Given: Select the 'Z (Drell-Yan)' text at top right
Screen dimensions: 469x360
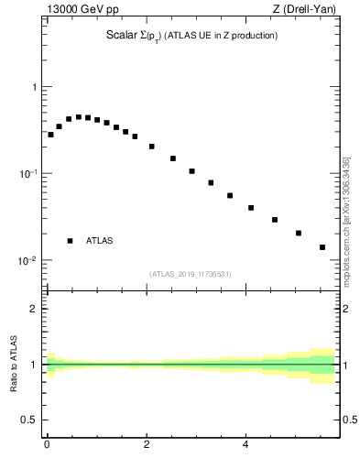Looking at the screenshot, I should (x=310, y=10).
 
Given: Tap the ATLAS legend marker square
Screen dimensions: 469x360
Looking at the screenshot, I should (x=71, y=241).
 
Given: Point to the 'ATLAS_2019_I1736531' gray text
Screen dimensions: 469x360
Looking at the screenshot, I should (x=191, y=274).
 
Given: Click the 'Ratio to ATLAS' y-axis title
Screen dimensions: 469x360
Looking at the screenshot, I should (x=15, y=365).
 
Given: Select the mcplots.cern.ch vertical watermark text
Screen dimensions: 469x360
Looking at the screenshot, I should (x=345, y=220).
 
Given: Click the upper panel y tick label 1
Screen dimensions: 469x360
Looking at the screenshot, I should (x=35, y=88).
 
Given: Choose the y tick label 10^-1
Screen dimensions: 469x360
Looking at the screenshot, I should (x=28, y=174).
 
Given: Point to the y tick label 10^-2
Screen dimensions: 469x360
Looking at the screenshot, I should (x=28, y=261).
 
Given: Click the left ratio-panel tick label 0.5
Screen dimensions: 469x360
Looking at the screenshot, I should (x=30, y=420).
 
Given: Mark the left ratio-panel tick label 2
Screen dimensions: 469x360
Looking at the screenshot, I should (x=35, y=309).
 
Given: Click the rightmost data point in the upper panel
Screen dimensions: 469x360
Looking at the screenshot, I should (x=322, y=247).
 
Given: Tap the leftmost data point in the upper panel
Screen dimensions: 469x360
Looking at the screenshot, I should (x=50, y=135).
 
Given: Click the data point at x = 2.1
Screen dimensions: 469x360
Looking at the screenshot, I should (x=152, y=147).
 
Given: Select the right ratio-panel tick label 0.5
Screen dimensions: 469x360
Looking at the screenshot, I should (x=350, y=420).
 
